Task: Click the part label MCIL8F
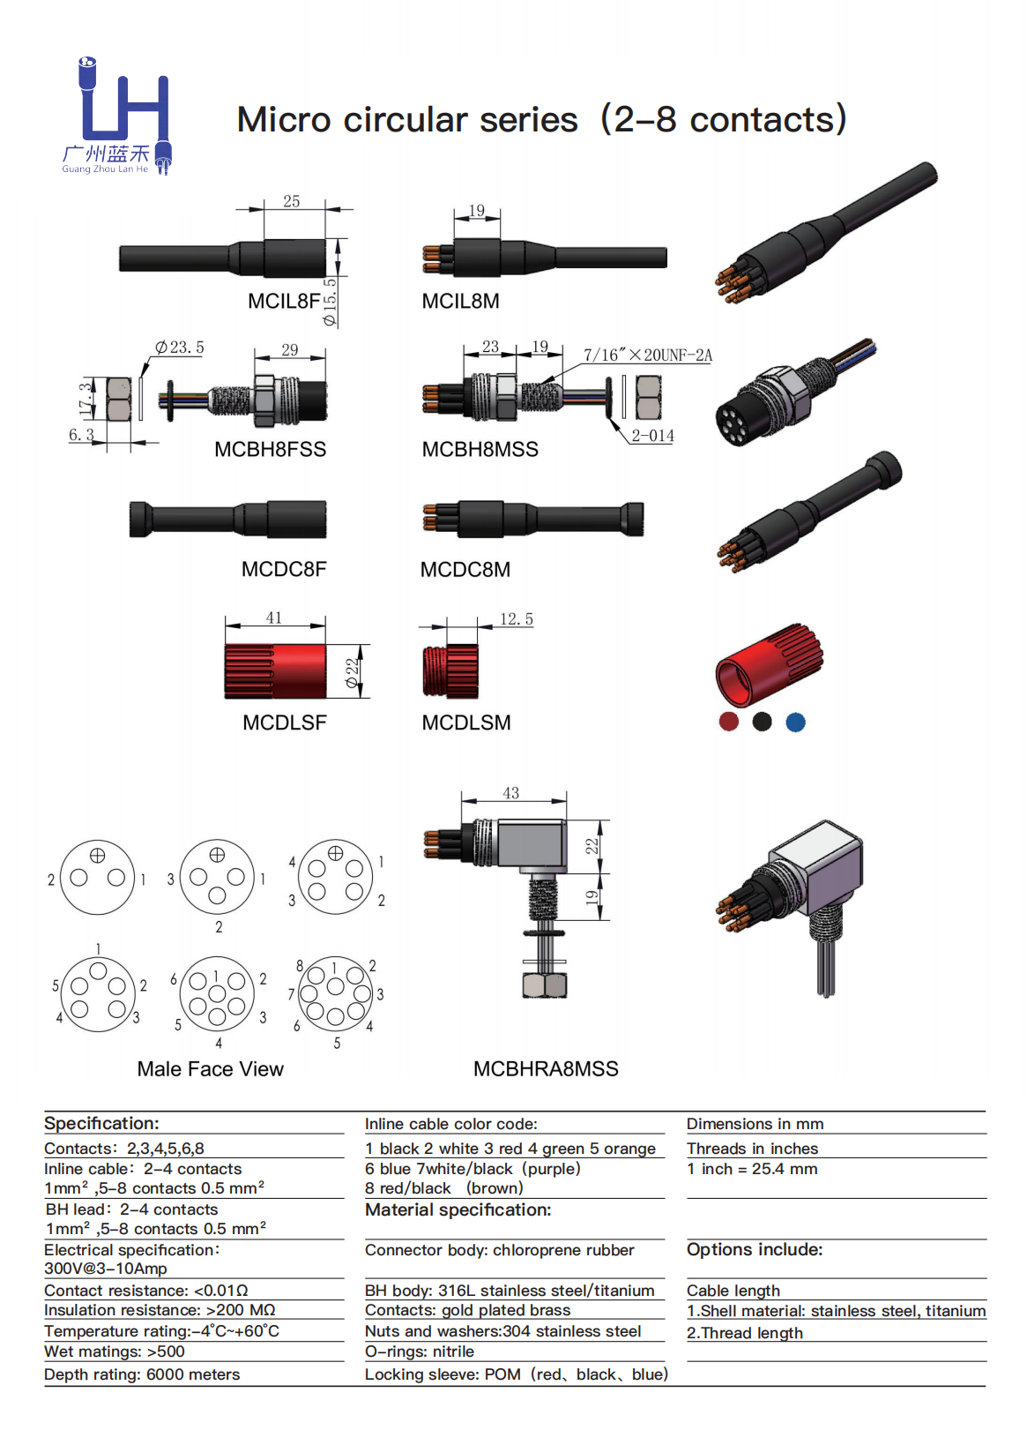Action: pyautogui.click(x=284, y=301)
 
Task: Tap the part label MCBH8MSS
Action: pyautogui.click(x=480, y=450)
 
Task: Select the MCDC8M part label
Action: pyautogui.click(x=465, y=570)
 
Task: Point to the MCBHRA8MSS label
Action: pyautogui.click(x=546, y=1069)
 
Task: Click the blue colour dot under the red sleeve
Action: pyautogui.click(x=795, y=722)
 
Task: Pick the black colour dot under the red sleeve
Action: pyautogui.click(x=762, y=722)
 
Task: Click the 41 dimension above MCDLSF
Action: pyautogui.click(x=274, y=618)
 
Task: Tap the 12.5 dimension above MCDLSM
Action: pyautogui.click(x=517, y=619)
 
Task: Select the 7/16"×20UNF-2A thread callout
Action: pyautogui.click(x=647, y=356)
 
